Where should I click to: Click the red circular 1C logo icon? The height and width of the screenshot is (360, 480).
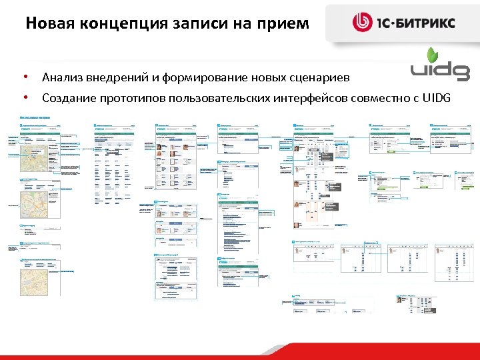(364, 23)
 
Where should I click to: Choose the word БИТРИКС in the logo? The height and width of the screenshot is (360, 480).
(427, 23)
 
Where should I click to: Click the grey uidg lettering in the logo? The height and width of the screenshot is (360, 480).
(441, 72)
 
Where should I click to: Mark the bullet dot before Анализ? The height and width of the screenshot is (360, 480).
(25, 77)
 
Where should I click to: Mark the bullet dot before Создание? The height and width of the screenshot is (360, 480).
(25, 97)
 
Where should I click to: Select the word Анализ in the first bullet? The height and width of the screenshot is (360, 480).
(61, 78)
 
